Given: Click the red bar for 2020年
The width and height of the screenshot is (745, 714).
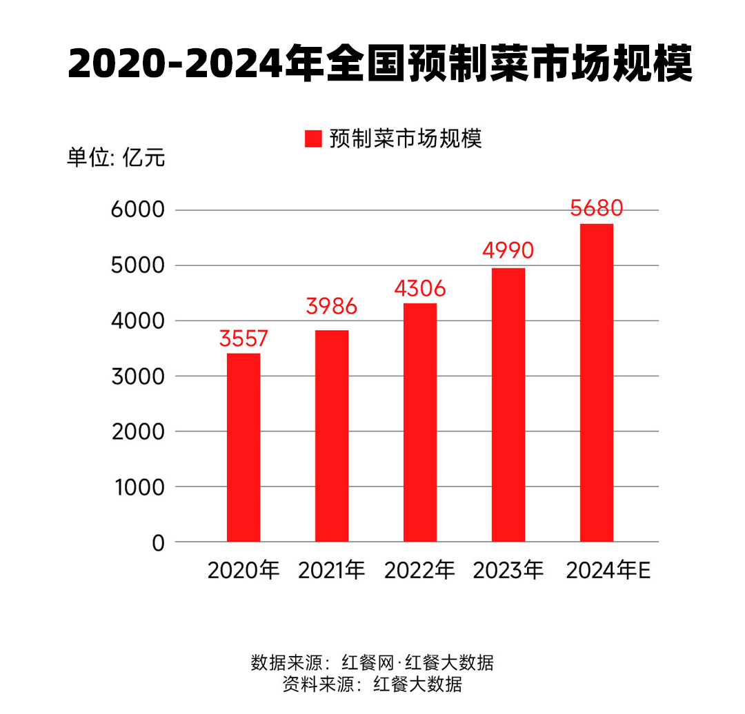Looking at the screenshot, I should click(x=244, y=447).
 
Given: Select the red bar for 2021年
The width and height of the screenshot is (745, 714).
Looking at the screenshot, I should click(x=332, y=436).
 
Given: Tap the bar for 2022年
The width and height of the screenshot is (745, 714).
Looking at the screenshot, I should click(x=420, y=422).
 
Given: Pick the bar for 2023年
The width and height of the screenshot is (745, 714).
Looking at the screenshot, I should click(x=508, y=405).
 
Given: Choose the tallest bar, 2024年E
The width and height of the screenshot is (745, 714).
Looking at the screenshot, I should click(x=597, y=382).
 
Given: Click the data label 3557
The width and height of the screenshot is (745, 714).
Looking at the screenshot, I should click(x=244, y=338).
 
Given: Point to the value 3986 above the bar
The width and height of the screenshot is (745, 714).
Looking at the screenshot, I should click(x=332, y=307).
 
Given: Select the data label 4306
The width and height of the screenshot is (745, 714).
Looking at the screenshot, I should click(x=420, y=288).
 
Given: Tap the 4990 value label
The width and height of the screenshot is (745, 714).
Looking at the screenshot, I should click(x=508, y=251).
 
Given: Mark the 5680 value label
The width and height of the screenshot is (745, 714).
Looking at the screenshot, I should click(x=597, y=208).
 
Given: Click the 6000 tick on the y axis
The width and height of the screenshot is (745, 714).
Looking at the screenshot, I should click(x=138, y=210).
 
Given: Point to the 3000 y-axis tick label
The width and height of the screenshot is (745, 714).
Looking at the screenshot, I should click(x=138, y=376).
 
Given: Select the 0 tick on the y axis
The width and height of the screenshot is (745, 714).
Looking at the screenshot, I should click(x=158, y=542).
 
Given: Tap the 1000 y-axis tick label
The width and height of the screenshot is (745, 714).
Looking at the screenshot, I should click(x=138, y=487).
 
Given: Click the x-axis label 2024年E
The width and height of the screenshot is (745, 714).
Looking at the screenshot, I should click(x=608, y=571).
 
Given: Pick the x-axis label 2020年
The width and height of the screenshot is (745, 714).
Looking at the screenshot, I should click(x=244, y=571).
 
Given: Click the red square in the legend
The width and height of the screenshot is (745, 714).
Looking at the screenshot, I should click(x=313, y=139).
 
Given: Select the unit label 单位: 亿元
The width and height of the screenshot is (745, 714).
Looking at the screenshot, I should click(x=116, y=158).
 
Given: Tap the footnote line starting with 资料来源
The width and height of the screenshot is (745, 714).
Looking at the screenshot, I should click(x=372, y=685).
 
